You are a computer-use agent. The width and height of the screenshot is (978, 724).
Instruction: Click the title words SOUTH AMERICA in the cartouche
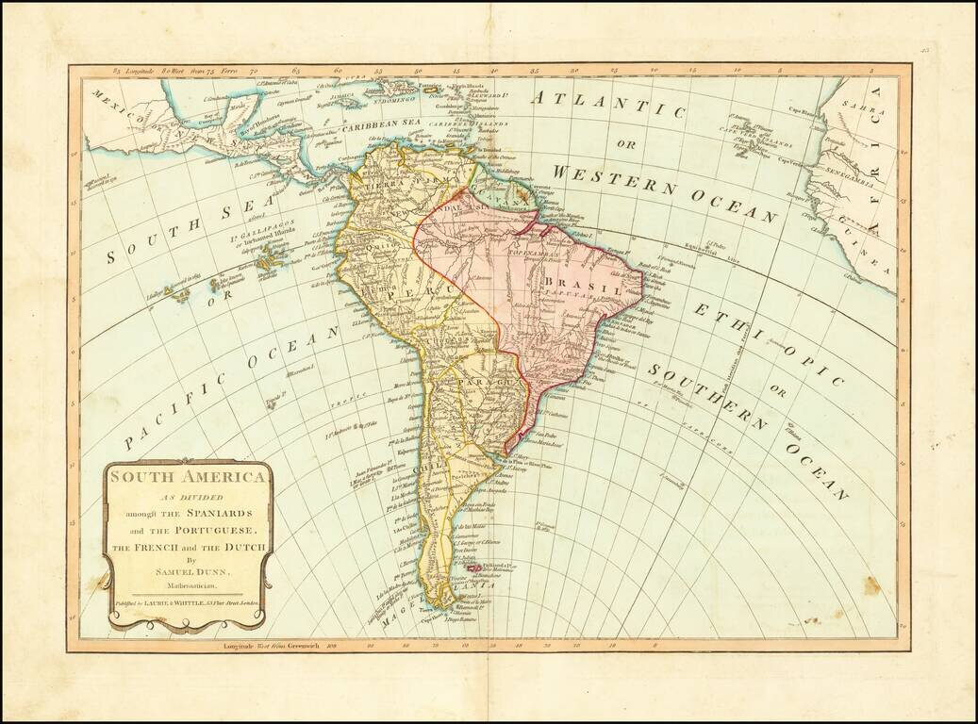coord(187,477)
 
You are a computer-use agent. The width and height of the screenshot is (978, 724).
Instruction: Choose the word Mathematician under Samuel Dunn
coord(187,586)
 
